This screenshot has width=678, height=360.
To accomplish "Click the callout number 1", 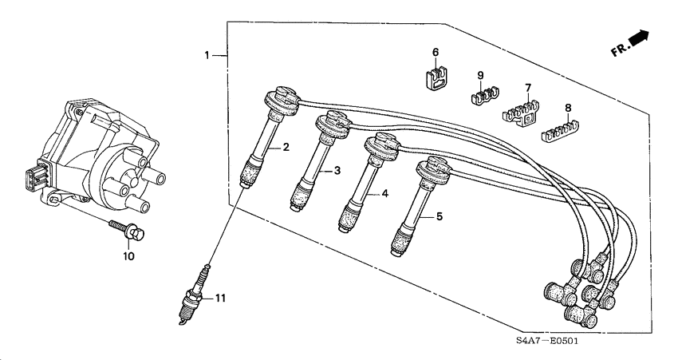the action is pyautogui.click(x=207, y=55).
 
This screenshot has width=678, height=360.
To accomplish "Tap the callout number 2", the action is pyautogui.click(x=286, y=147).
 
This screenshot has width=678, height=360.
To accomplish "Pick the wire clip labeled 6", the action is pyautogui.click(x=436, y=77).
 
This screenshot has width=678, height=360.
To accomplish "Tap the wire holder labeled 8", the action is pyautogui.click(x=561, y=131).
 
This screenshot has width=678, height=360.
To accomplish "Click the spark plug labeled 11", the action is pyautogui.click(x=192, y=294).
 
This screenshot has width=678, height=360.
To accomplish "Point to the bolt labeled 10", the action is pyautogui.click(x=127, y=230).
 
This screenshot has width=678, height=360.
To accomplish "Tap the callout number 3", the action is pyautogui.click(x=337, y=171).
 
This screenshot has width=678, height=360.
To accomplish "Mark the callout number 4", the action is pyautogui.click(x=384, y=193).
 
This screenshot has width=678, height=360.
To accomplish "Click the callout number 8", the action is pyautogui.click(x=568, y=107).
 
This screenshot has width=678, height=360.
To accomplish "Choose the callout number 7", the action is pyautogui.click(x=528, y=88).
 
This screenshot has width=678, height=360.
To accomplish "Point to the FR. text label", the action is pyautogui.click(x=620, y=51).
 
